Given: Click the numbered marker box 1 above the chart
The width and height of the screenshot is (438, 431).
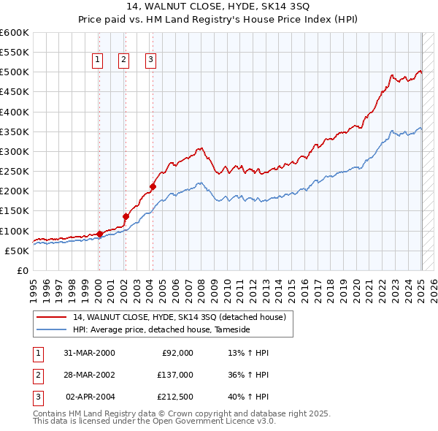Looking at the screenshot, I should [x=97, y=61].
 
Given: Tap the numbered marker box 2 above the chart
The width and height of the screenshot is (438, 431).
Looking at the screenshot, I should [x=123, y=61].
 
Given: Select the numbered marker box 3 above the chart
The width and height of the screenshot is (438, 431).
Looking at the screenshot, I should [x=150, y=61].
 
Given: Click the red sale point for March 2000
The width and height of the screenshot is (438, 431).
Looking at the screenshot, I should [x=99, y=234].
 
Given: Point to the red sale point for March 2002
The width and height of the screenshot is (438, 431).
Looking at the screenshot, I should [x=126, y=216].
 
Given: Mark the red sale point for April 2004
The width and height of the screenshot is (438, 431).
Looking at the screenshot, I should [x=153, y=186].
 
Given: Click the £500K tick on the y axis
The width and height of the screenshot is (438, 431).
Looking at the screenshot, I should [x=15, y=72].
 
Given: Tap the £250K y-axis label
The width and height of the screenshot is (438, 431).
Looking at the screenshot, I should [x=15, y=172].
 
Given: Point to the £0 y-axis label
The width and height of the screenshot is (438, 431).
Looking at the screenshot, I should [x=23, y=271].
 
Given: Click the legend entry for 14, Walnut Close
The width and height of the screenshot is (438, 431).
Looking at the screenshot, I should [x=182, y=317].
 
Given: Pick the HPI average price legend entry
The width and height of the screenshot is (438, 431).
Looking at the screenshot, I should [x=161, y=330].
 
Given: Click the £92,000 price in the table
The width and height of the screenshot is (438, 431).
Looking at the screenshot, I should [x=177, y=353].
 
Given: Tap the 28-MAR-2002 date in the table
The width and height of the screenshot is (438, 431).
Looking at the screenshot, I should [x=90, y=375].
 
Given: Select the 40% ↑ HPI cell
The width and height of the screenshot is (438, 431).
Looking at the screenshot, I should [x=249, y=397].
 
